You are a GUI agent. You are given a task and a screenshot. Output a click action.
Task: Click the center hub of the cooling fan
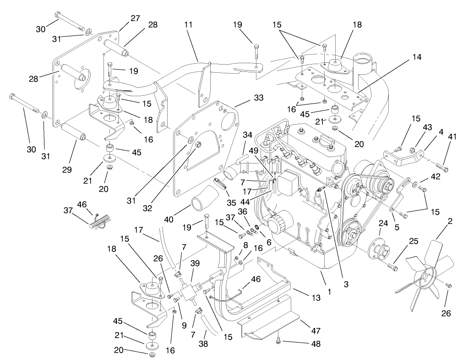pos(427,277)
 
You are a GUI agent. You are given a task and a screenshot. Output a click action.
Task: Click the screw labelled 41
pos(441,165)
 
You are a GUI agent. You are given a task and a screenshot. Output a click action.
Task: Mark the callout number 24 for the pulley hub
pos(383,224)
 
